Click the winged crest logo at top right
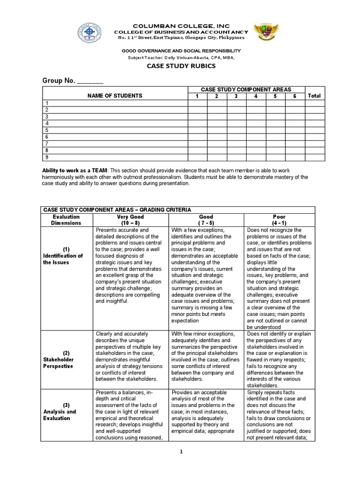(x=265, y=34)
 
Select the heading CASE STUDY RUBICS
(x=180, y=66)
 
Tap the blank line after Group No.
(x=90, y=81)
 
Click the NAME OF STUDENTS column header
(x=115, y=96)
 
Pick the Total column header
(x=314, y=96)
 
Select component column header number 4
(x=256, y=96)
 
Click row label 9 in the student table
(x=46, y=157)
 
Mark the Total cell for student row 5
(x=314, y=130)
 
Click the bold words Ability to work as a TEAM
(x=75, y=170)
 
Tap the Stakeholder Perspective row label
(x=59, y=360)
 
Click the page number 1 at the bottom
(x=180, y=451)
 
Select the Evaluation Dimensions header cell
(x=66, y=220)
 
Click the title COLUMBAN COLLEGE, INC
(x=180, y=25)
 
